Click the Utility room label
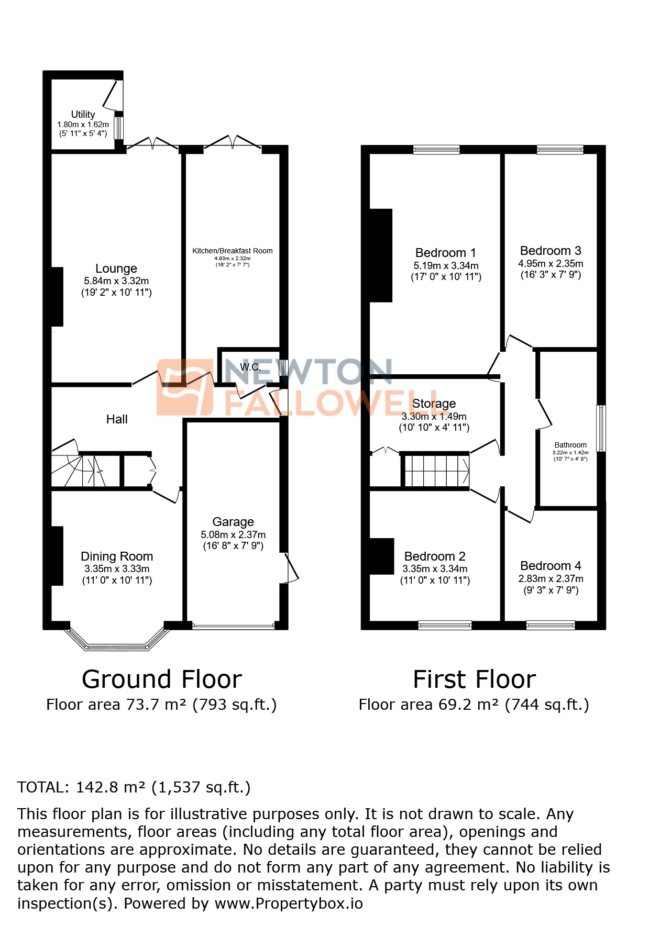click(x=83, y=114)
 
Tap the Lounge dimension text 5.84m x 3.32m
click(x=116, y=281)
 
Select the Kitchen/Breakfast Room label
click(x=232, y=251)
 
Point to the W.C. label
click(x=250, y=367)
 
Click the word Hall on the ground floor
click(x=117, y=419)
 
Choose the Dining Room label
click(x=117, y=556)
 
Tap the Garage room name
click(x=233, y=522)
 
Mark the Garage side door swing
click(x=291, y=567)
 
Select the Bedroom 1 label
click(x=446, y=253)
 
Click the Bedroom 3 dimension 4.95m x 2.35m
click(x=551, y=263)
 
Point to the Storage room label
click(x=434, y=404)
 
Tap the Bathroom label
click(x=570, y=445)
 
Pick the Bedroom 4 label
click(x=551, y=566)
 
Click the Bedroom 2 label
click(x=435, y=556)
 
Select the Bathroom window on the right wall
click(x=602, y=428)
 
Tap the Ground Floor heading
click(x=162, y=679)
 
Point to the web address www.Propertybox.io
click(x=289, y=903)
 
